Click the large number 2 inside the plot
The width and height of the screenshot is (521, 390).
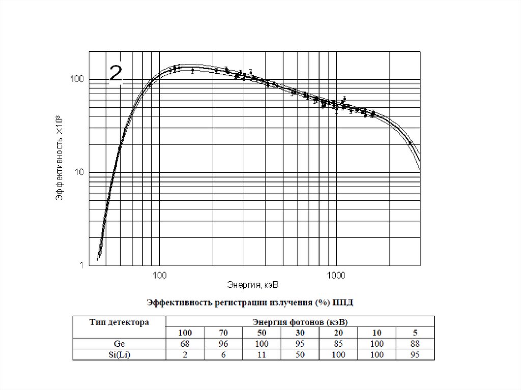116,74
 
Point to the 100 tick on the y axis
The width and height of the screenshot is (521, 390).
77,79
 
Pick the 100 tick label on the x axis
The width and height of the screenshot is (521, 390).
159,275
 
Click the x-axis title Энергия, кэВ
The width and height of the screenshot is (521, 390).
252,283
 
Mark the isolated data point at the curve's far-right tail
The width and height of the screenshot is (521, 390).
410,143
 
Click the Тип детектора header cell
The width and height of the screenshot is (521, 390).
119,322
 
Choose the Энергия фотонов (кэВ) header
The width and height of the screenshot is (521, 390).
300,322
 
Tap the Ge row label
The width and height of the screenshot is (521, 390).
120,344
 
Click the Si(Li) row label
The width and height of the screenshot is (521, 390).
120,354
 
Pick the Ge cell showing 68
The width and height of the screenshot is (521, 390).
185,344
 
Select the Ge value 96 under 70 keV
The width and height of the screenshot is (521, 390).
223,344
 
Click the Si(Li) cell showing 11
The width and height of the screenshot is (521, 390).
262,354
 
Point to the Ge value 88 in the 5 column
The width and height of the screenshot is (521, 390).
415,344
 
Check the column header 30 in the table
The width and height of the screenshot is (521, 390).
300,333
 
